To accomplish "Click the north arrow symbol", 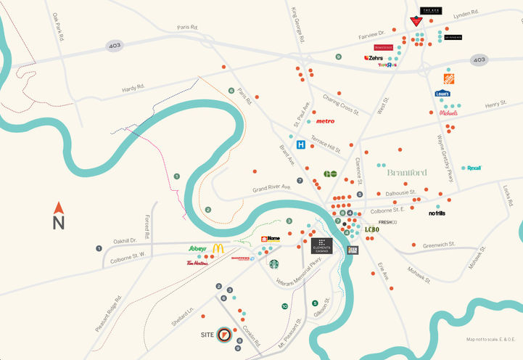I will coord(59,217).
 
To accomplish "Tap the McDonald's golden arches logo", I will coord(218,248).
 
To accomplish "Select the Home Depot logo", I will coord(449,78).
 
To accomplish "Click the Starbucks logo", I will coord(273,264).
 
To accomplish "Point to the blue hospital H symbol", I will coord(300,144).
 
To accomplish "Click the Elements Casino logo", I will coord(321,246).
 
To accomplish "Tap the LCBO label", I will coord(371,229).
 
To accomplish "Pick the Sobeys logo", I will coord(197,248).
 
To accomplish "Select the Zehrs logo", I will coord(374,57).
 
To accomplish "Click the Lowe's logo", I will coord(442,94).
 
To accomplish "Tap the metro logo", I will coord(325,121).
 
